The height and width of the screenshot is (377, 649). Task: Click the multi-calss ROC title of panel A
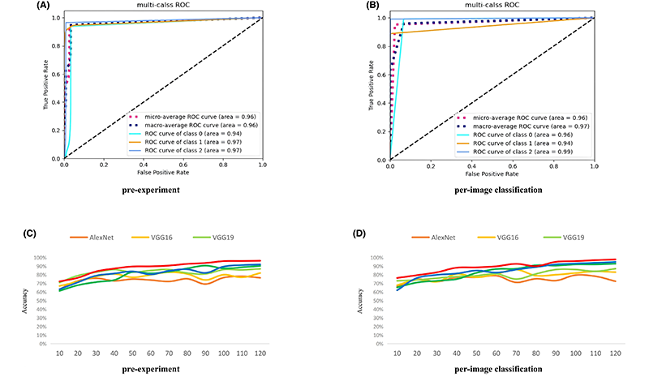click(163, 6)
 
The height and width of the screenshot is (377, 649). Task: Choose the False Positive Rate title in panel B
click(492, 173)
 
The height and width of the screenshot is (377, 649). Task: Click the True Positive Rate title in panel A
click(46, 88)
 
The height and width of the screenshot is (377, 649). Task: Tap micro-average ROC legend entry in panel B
click(528, 118)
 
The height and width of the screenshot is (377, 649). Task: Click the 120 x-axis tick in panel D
click(617, 354)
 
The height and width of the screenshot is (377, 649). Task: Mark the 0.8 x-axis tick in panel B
click(554, 165)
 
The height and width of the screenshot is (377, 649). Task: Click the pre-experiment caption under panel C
click(163, 368)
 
